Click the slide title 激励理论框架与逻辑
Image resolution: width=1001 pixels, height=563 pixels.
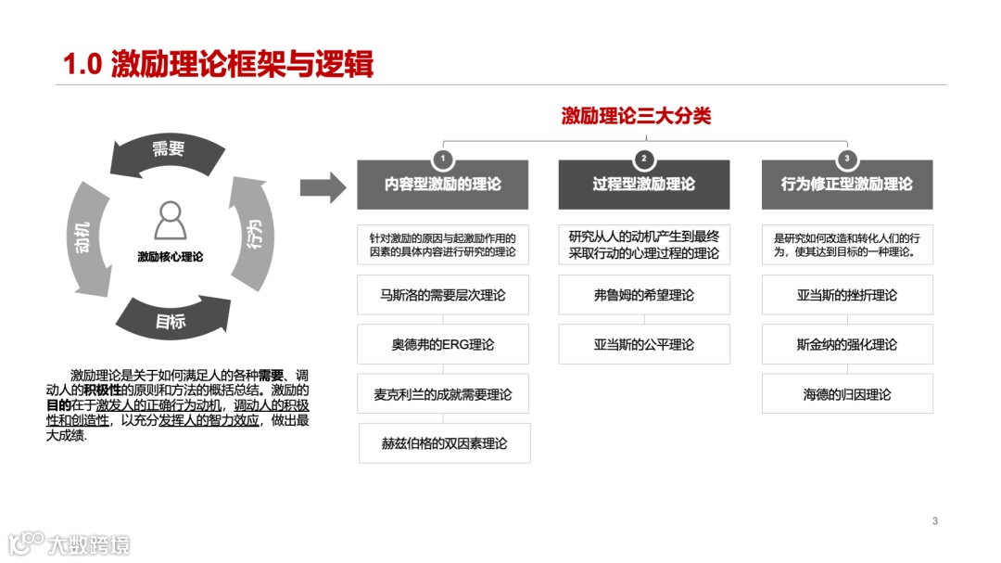218,64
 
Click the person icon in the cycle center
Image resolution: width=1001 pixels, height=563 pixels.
170,221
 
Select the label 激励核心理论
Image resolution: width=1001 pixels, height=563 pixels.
170,257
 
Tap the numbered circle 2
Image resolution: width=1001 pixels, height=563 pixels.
644,159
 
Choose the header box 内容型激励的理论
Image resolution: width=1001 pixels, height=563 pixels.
443,185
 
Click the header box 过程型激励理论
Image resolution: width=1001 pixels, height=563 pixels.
643,185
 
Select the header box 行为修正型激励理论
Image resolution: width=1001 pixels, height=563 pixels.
846,185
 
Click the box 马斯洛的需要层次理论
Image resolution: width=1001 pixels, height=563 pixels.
443,295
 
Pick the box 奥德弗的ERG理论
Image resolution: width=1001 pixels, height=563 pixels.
443,344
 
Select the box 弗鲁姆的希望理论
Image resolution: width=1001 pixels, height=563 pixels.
643,295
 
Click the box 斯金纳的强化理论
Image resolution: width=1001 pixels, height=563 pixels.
846,344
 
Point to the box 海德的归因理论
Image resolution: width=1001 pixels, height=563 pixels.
846,394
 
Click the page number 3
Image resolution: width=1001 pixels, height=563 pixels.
935,520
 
